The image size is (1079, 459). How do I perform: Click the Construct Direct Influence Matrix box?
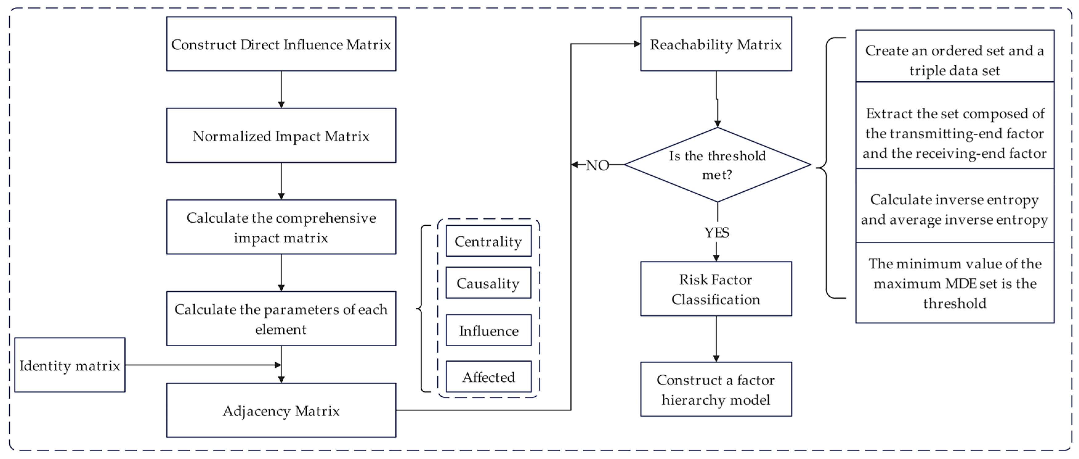(x=281, y=44)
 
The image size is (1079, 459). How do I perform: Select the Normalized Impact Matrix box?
(x=281, y=136)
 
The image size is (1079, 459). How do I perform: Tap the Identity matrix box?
(x=70, y=365)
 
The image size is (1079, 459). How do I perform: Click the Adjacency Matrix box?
(x=281, y=410)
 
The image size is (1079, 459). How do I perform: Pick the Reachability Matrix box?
(x=716, y=44)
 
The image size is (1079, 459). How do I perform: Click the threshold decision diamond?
(x=717, y=165)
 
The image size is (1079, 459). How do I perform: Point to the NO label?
(x=597, y=165)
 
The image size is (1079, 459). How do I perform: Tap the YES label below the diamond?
(x=717, y=232)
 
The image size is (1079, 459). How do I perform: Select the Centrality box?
(x=488, y=241)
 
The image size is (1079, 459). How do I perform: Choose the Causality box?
(x=488, y=283)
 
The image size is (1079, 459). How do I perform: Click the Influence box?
(x=488, y=330)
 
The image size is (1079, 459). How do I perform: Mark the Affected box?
(x=488, y=377)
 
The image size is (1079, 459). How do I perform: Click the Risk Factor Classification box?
(x=716, y=289)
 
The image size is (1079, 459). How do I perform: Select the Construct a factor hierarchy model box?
(x=716, y=389)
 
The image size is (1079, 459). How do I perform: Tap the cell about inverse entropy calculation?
(x=955, y=209)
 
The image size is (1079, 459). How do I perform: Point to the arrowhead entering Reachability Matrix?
(x=637, y=44)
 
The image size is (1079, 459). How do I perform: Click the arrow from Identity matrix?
(x=201, y=365)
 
